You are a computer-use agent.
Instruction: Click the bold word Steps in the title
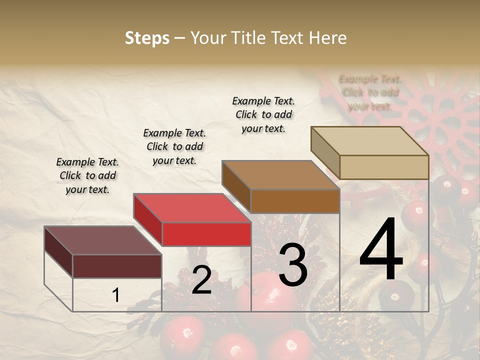(147, 38)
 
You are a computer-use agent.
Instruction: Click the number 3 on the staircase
(292, 265)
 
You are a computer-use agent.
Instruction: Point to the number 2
(201, 280)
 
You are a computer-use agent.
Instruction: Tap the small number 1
(115, 295)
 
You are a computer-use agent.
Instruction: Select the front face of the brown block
(295, 201)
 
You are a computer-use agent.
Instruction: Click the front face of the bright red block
(206, 234)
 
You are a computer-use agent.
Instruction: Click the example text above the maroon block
(87, 175)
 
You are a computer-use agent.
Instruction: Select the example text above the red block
(174, 146)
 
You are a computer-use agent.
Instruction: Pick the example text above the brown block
(263, 114)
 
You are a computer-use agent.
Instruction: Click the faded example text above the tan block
(370, 92)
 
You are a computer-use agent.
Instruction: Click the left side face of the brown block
(236, 185)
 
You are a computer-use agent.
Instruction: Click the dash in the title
(179, 38)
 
